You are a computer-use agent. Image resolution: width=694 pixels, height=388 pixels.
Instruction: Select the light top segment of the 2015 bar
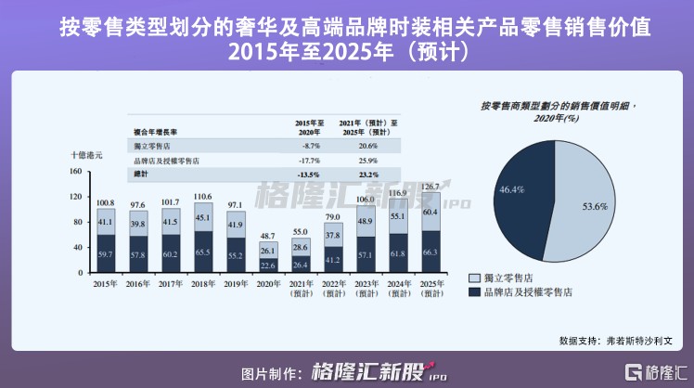coord(107,223)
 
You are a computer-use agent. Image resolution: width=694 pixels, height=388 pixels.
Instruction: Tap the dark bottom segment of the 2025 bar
coord(431,252)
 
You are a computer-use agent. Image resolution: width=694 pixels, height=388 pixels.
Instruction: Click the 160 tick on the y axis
coord(75,172)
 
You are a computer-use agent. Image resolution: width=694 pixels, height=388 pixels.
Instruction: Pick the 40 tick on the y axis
coord(78,248)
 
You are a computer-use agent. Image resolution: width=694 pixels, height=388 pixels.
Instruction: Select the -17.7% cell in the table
coord(311,161)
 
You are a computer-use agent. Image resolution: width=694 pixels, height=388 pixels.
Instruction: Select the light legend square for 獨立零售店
coord(475,278)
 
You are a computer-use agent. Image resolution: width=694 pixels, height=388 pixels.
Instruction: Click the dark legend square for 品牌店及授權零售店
coord(475,292)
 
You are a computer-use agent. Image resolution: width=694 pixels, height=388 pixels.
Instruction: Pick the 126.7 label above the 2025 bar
coord(431,187)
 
